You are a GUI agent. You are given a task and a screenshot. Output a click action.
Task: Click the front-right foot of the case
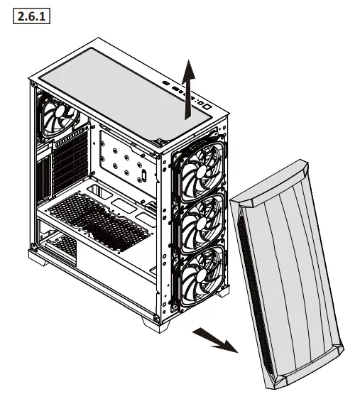tap(157, 322)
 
